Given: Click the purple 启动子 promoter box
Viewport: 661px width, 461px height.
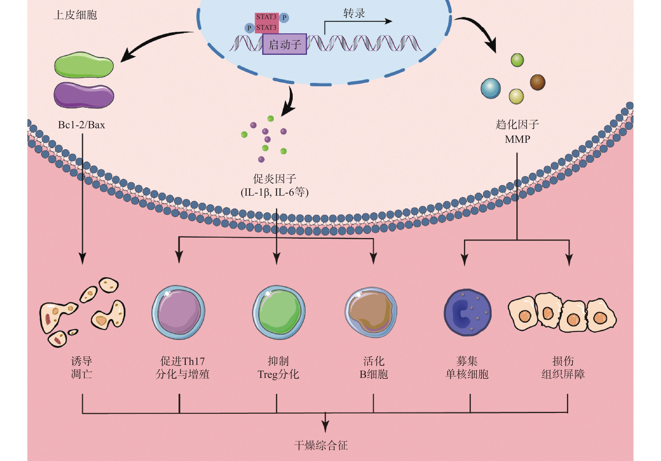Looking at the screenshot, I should pos(284,44).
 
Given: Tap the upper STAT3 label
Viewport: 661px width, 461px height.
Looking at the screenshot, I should pos(266,17).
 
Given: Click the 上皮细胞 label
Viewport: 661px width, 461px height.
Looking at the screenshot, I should pos(75,15).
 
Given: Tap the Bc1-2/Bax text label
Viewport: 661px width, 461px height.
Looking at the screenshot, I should pos(81,125).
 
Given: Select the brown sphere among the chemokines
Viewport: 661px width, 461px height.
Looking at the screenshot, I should pos(537,82).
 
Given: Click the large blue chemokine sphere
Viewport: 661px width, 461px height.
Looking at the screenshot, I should pos(491,88).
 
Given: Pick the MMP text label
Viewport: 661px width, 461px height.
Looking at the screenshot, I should pos(517,139).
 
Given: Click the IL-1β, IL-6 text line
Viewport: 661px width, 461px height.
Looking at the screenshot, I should pos(274,192).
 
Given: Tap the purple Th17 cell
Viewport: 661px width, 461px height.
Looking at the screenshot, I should pos(179,312).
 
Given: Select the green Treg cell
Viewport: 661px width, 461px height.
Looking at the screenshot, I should pos(279,312).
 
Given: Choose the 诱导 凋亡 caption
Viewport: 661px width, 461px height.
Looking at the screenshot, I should pos(81,368).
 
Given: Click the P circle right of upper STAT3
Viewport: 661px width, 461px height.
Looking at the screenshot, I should pos(284,18).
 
